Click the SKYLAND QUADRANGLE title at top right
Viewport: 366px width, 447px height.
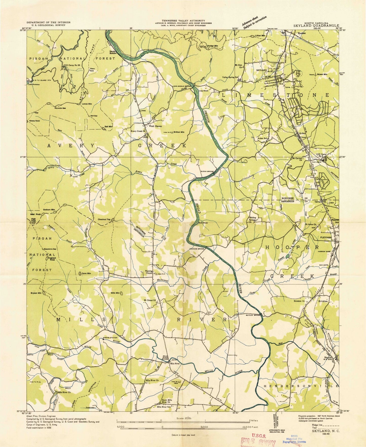click(316, 25)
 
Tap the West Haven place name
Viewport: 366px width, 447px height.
click(155, 126)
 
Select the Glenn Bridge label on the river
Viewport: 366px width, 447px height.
click(207, 171)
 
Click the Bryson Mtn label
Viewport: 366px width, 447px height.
click(36, 293)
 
